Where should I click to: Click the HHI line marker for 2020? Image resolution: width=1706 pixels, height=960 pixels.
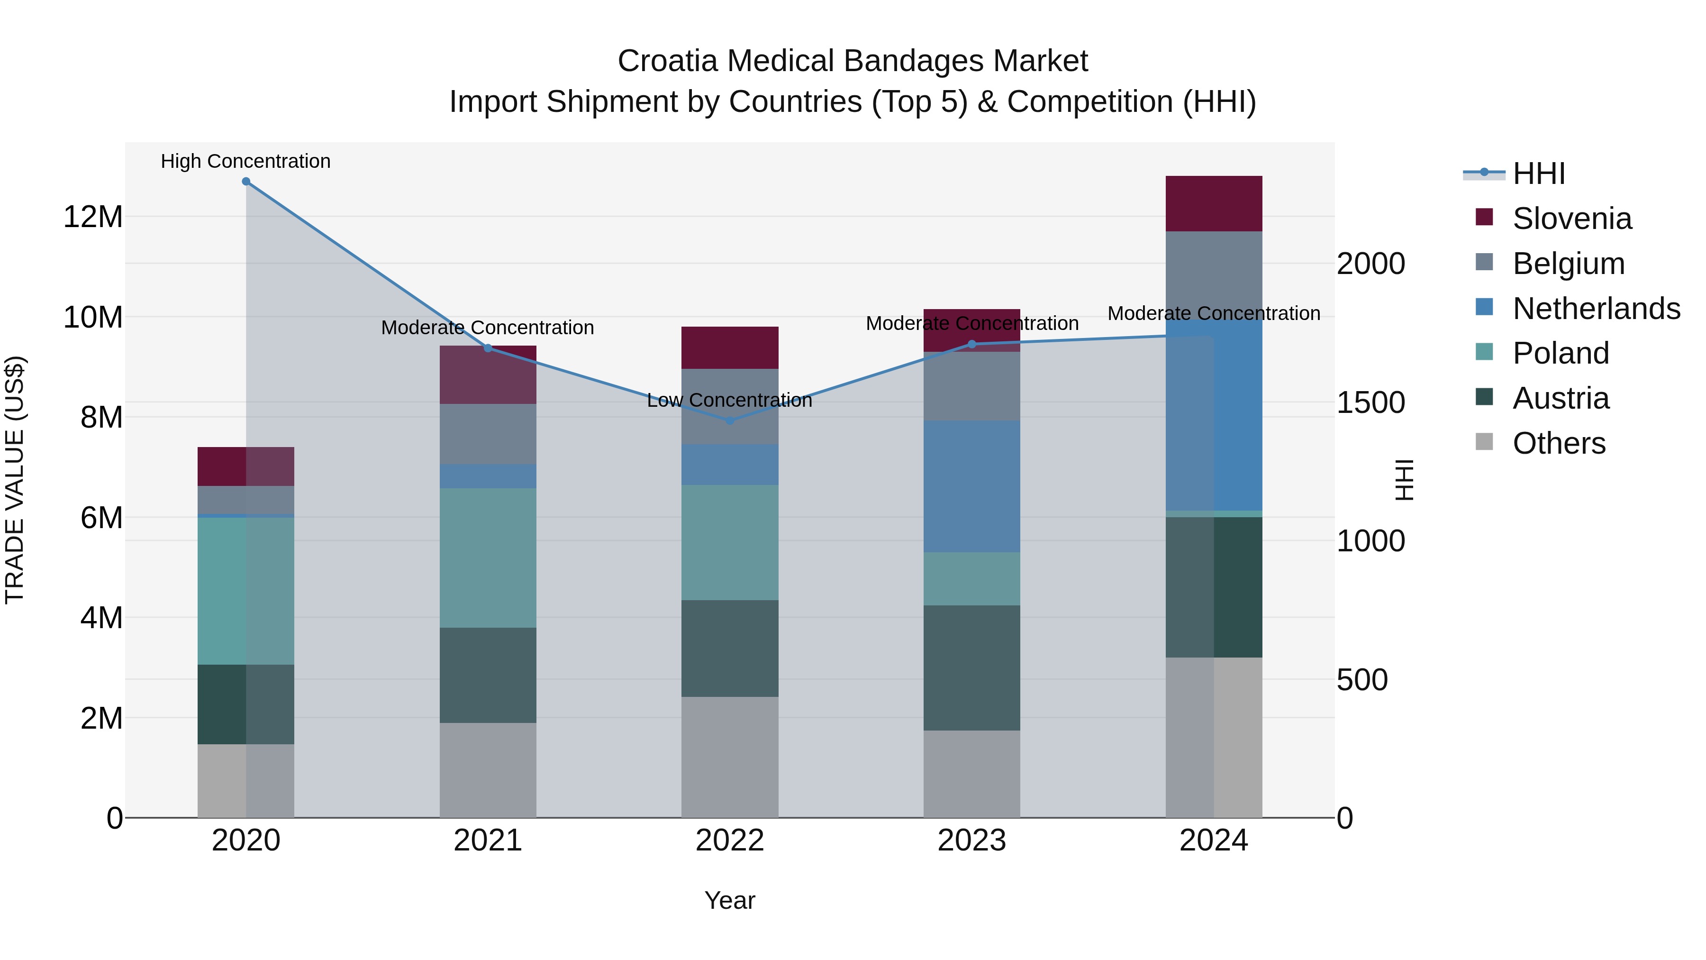245,182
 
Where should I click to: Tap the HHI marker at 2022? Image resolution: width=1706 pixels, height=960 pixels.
730,421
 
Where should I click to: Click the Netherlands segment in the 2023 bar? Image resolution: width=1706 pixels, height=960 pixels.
971,486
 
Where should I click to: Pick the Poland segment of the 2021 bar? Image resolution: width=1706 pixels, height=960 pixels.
488,558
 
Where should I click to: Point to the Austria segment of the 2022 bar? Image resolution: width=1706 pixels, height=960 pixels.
730,648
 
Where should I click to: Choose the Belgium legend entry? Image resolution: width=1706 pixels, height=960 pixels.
1568,264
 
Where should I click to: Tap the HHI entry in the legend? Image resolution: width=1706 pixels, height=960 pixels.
1538,174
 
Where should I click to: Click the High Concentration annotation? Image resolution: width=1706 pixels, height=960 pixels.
245,162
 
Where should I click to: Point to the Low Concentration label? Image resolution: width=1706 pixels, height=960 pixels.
729,400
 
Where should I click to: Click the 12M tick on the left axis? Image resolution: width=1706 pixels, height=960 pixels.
93,217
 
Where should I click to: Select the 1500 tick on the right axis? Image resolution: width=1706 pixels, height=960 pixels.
1370,403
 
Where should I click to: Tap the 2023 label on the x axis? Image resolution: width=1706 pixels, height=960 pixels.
971,841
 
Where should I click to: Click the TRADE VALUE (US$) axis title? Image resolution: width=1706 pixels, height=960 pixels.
15,480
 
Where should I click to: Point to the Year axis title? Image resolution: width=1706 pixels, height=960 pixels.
730,900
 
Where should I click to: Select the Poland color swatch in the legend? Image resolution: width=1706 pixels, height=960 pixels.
1484,352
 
